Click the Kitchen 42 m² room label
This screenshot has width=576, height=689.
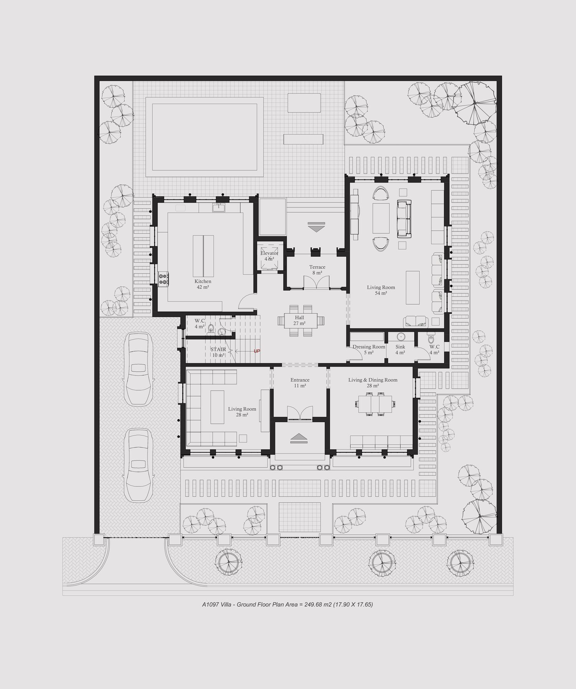click(202, 284)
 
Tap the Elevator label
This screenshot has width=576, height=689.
click(269, 253)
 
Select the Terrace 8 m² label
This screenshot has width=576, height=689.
click(317, 270)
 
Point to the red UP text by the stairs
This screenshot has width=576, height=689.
click(257, 351)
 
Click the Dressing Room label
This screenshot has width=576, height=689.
click(369, 347)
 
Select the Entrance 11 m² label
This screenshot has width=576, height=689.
click(300, 383)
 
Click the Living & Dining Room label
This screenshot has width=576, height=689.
click(373, 380)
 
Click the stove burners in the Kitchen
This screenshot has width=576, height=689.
click(163, 279)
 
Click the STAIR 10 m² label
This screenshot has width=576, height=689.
click(218, 352)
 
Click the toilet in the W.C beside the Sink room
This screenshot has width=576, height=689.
click(430, 339)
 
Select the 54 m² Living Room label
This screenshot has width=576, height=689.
click(381, 290)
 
